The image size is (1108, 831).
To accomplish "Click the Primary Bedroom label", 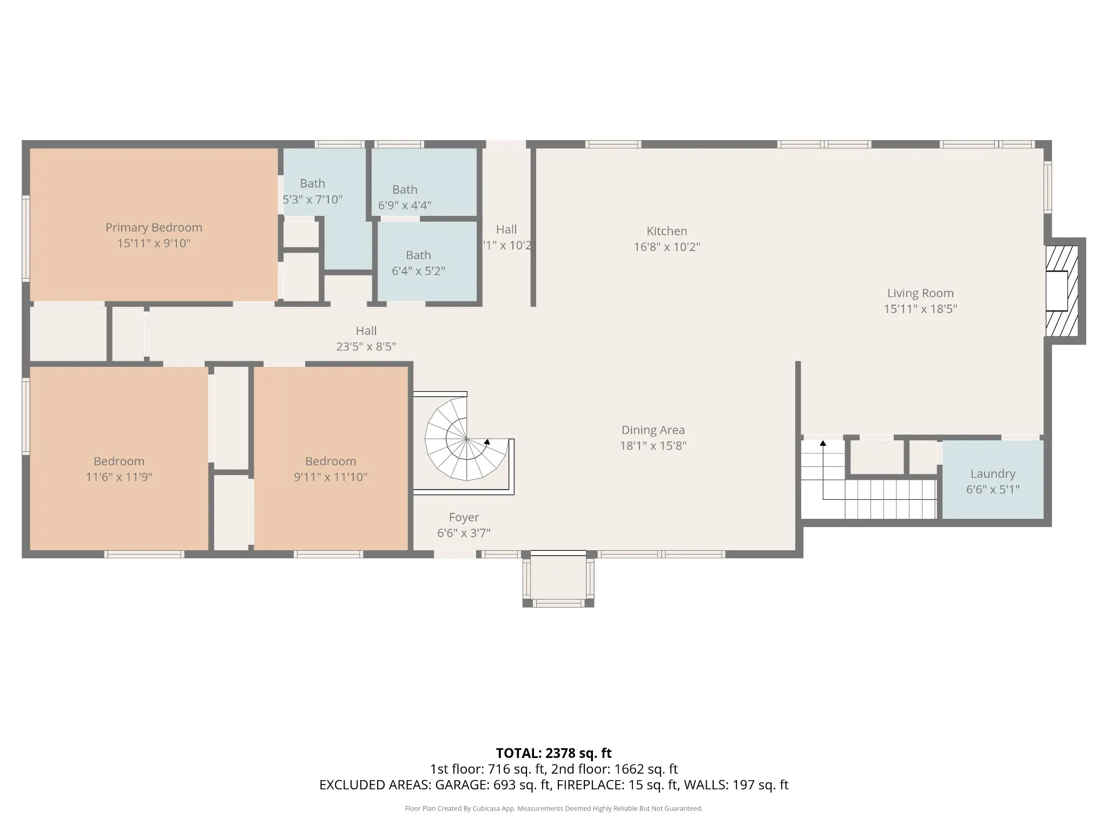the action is click(154, 228).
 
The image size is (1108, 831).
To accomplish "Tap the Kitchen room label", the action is click(667, 231).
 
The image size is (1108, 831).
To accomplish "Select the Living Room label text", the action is click(920, 293).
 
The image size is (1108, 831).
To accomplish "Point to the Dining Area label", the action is click(653, 430).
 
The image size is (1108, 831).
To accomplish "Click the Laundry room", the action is click(993, 480).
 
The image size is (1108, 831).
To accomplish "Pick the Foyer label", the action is click(464, 517).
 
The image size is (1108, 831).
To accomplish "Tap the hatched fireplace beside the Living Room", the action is click(1061, 291).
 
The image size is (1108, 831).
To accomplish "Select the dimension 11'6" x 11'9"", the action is click(119, 477).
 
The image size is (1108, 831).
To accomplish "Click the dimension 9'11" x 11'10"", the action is click(331, 477).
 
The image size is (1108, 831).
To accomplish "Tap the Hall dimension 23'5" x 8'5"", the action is click(366, 347).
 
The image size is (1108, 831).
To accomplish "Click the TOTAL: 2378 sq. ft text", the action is click(553, 753).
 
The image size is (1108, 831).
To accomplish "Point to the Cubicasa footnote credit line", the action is click(553, 809).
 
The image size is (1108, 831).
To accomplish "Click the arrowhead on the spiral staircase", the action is click(487, 441).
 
